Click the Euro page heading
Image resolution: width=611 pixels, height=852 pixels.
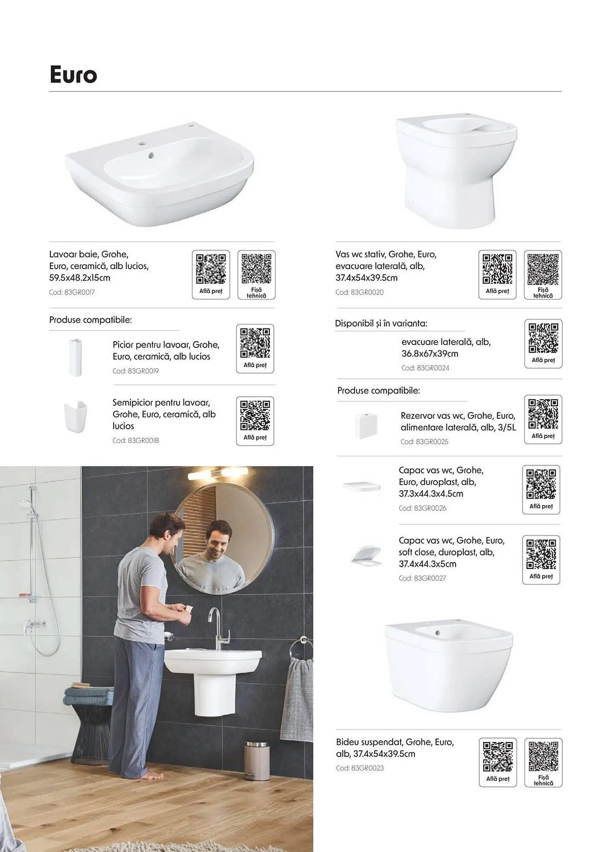tap(73, 75)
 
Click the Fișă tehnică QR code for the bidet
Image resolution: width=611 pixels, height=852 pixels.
tap(543, 762)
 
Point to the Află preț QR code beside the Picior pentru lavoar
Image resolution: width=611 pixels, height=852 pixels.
tap(255, 348)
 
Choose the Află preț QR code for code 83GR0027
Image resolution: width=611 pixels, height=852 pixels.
tap(541, 559)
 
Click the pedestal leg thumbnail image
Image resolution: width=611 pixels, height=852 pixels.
tap(75, 357)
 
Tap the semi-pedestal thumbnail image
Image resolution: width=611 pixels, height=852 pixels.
tap(75, 416)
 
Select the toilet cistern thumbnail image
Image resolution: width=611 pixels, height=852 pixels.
tap(366, 426)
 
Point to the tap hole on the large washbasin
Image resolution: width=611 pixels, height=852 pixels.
tap(151, 156)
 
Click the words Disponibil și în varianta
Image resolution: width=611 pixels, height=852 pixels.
tap(381, 323)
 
